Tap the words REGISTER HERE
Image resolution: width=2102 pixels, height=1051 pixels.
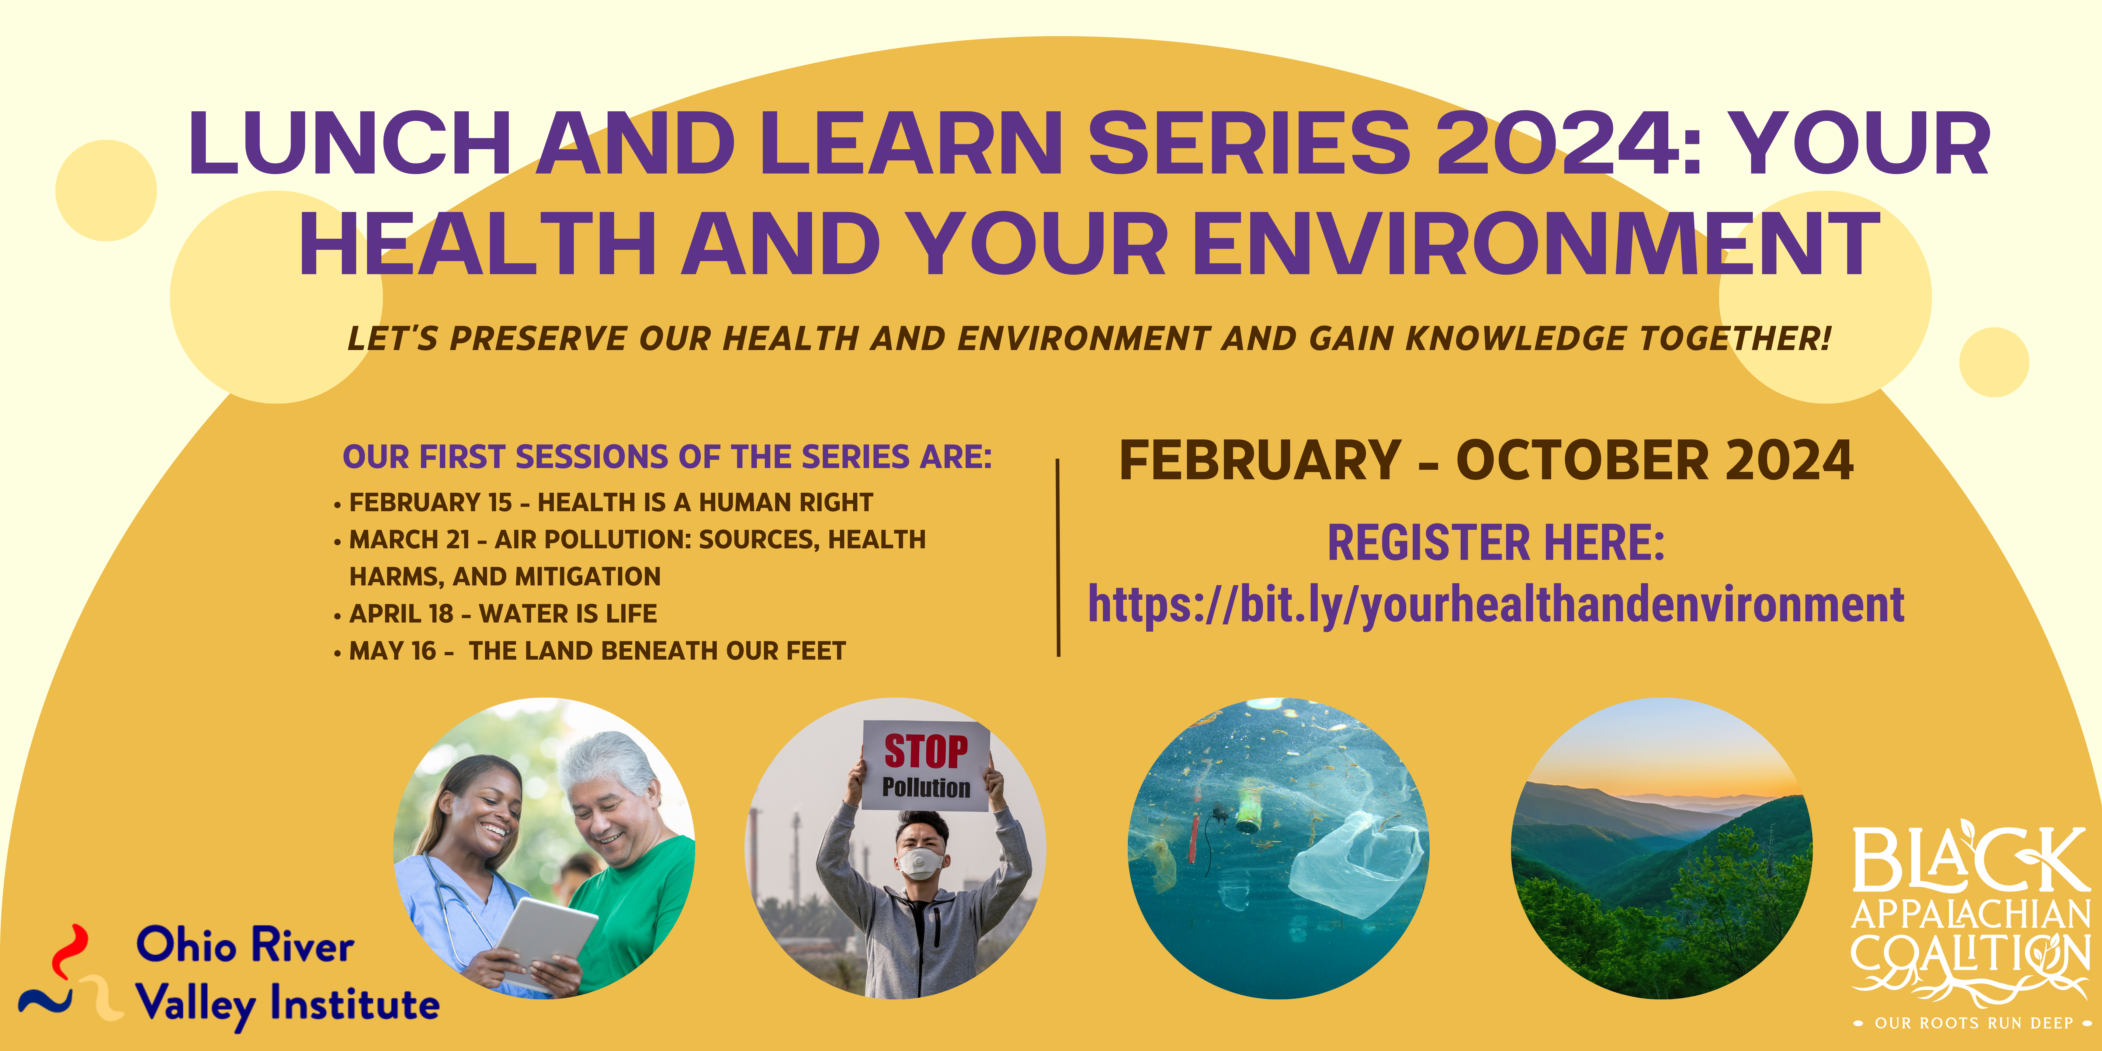pyautogui.click(x=1496, y=543)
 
